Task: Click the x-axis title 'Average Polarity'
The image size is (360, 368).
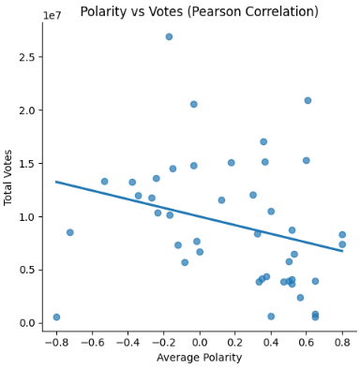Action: [x=199, y=357]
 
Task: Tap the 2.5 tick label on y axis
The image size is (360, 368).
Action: [x=26, y=57]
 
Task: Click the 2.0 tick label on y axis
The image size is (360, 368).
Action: [x=26, y=110]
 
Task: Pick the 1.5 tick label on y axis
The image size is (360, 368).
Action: [x=26, y=164]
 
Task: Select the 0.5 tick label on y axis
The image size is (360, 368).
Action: [x=26, y=270]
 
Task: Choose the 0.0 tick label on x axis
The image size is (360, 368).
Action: [x=199, y=342]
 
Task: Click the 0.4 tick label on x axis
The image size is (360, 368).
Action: [x=271, y=342]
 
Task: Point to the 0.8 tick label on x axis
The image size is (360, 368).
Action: [x=342, y=342]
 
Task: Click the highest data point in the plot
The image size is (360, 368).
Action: [x=169, y=37]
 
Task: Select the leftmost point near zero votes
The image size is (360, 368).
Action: [x=56, y=317]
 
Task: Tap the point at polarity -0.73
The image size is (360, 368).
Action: [x=69, y=232]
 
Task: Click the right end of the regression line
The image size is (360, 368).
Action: [x=342, y=251]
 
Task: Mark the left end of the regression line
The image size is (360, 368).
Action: [x=56, y=182]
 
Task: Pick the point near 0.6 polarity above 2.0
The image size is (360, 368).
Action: [x=307, y=100]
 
